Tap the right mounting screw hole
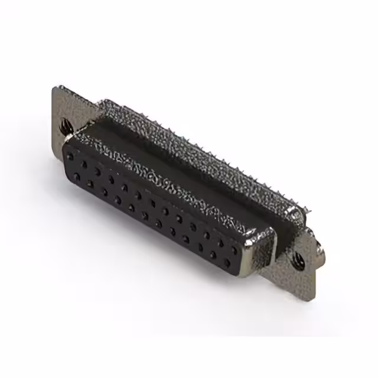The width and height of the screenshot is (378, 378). [299, 258]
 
